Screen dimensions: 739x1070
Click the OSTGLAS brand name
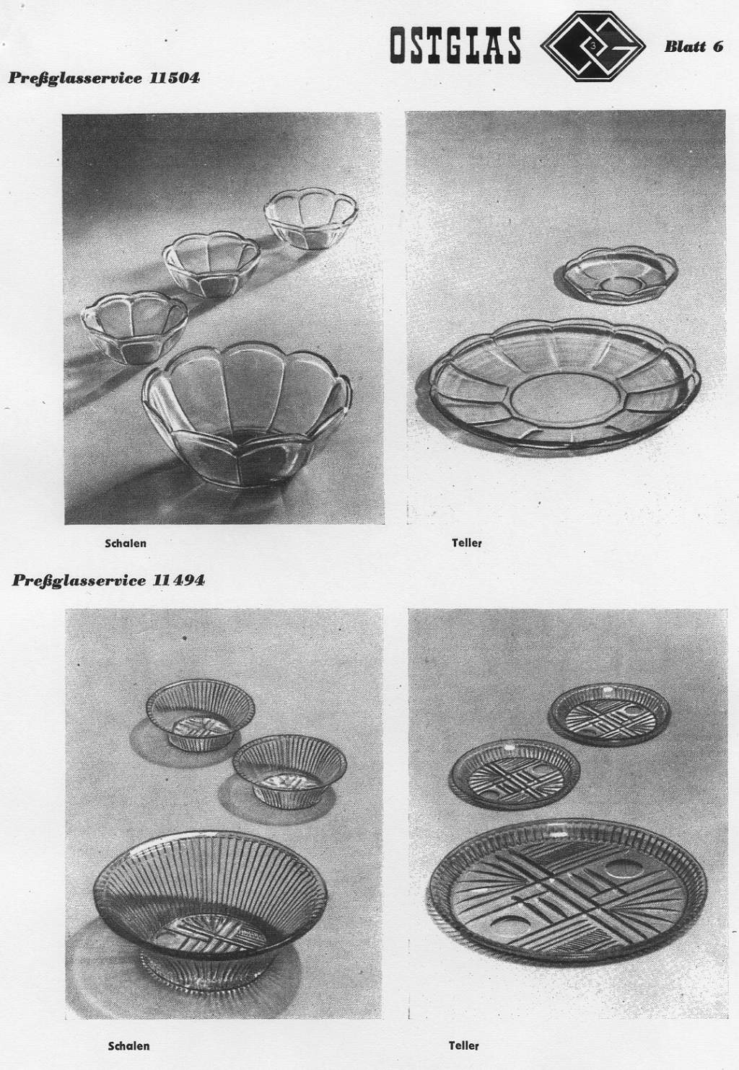pos(455,45)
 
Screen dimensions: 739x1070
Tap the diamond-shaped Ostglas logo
pos(592,46)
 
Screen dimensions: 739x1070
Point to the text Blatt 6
pos(694,46)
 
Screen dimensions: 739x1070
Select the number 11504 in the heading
pos(175,78)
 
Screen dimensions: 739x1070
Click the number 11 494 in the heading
pos(179,580)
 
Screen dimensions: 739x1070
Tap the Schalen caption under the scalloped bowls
pos(126,543)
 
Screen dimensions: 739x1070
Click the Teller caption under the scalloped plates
pos(467,543)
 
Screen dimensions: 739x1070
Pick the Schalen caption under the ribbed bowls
pos(128,1045)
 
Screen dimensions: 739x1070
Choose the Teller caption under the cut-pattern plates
pos(463,1045)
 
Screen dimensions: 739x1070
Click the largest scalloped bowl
pos(247,415)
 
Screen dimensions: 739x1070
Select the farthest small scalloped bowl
pos(311,218)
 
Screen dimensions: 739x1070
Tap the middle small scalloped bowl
pos(211,264)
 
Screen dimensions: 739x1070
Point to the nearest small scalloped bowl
pos(135,327)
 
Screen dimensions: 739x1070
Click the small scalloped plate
pos(616,273)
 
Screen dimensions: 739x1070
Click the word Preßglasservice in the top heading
pos(75,78)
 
